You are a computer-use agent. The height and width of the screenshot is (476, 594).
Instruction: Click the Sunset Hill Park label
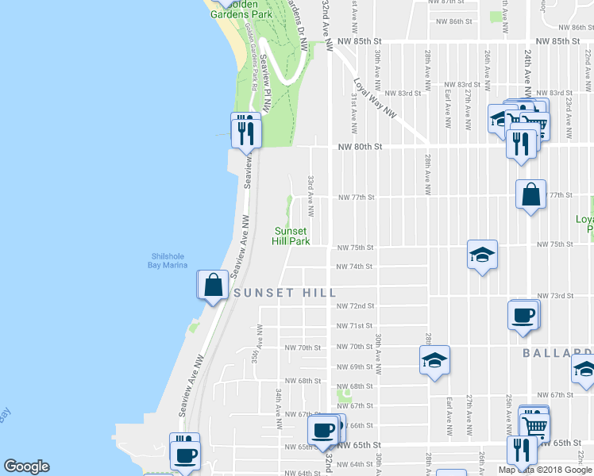coord(290,235)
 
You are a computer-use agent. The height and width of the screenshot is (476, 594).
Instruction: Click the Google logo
coord(26,466)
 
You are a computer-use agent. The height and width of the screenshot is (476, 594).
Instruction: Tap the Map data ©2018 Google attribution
coord(545,470)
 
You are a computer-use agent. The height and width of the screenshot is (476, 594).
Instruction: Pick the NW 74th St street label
coord(354,267)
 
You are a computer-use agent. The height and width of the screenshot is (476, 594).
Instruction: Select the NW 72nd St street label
coord(354,305)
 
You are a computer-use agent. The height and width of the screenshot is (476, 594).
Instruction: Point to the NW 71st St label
coord(354,326)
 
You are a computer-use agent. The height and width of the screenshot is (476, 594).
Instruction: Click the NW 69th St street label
coord(354,367)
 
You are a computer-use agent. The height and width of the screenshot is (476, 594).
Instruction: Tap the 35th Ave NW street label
coord(257,339)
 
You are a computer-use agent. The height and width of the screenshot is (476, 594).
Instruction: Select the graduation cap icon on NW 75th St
coord(482,255)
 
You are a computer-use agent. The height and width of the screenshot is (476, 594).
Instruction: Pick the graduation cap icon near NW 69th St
coord(434,360)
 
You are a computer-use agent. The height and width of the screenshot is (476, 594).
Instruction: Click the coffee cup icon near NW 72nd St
coord(523,314)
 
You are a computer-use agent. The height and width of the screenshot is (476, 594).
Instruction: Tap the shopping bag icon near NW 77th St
coord(530,194)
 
